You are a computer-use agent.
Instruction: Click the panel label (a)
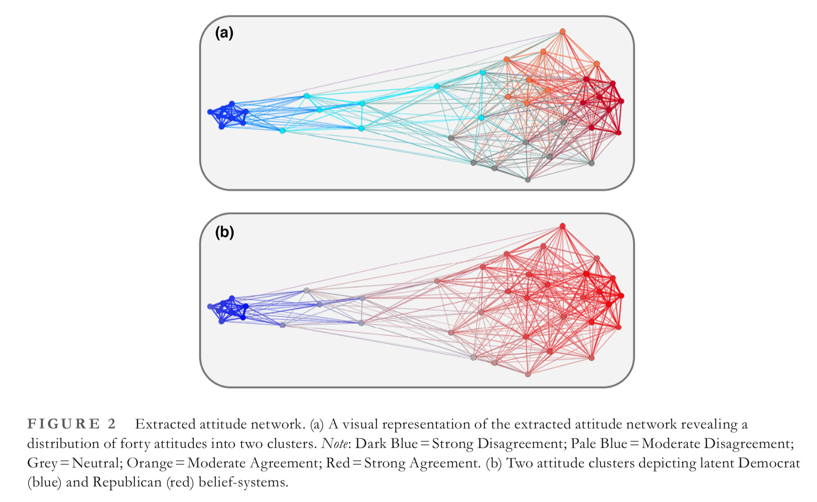click(224, 33)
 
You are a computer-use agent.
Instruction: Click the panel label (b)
click(225, 232)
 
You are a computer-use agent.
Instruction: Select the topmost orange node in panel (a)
click(562, 31)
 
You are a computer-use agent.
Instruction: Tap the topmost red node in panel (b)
click(562, 226)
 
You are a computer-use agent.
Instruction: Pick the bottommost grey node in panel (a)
click(528, 180)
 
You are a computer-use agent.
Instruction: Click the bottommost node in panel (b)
click(528, 374)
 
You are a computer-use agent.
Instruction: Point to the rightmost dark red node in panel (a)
click(621, 102)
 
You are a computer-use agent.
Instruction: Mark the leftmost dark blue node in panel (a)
click(210, 112)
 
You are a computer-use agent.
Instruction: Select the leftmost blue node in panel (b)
click(210, 306)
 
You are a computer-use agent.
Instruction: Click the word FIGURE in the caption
click(63, 424)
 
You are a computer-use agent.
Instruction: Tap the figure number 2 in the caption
click(111, 424)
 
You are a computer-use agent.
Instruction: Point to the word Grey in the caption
click(42, 463)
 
